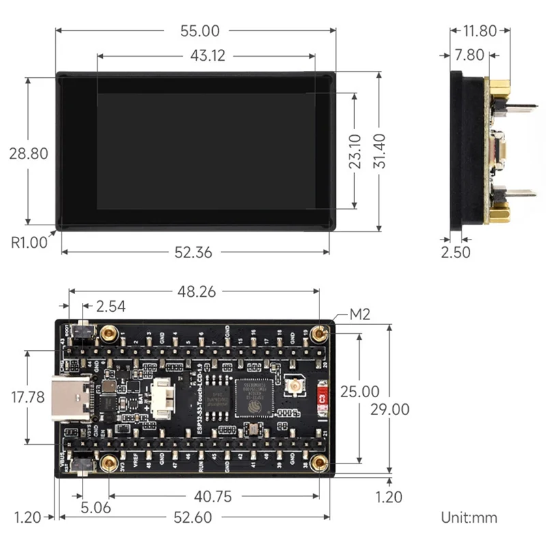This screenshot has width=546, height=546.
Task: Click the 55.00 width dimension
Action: [195, 31]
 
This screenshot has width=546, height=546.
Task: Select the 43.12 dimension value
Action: [207, 56]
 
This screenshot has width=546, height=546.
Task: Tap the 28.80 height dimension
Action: [28, 154]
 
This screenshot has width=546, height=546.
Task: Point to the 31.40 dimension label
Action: [379, 151]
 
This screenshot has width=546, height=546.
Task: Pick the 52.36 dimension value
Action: [193, 252]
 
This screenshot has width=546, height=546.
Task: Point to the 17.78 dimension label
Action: [28, 397]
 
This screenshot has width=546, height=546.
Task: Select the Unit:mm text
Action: [470, 517]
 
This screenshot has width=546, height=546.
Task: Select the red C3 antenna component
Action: [323, 397]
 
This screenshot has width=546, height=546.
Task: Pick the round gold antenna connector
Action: [296, 387]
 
